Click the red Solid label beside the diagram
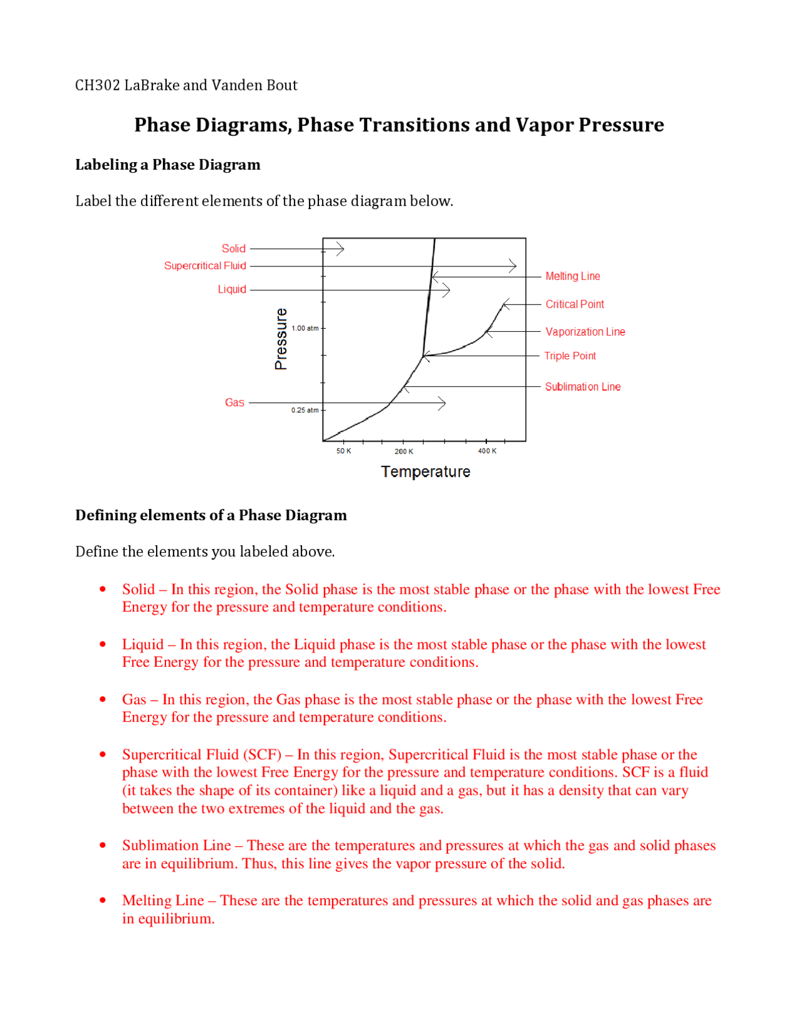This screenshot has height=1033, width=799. click(x=233, y=248)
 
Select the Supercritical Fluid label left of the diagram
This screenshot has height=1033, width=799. click(x=205, y=266)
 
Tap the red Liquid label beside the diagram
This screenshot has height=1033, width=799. click(x=232, y=289)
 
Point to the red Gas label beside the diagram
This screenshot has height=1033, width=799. click(x=234, y=402)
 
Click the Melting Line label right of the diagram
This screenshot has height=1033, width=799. click(x=572, y=276)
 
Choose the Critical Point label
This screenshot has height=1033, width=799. click(x=574, y=304)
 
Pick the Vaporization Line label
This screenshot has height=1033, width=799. click(x=585, y=332)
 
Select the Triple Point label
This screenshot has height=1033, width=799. click(x=570, y=356)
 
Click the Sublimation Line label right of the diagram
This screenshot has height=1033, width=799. click(x=582, y=387)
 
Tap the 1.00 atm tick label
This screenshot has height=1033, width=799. click(x=305, y=328)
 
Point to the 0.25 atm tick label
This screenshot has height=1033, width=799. click(x=305, y=410)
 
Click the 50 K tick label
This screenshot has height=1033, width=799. click(x=343, y=451)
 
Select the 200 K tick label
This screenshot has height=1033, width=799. click(x=403, y=452)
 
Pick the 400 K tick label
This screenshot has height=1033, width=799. click(x=487, y=451)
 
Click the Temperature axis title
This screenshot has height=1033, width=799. click(x=426, y=472)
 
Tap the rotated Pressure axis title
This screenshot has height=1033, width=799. click(x=282, y=339)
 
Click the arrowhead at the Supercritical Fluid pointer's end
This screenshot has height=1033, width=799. click(x=513, y=266)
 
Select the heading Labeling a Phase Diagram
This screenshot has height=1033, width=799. click(x=168, y=165)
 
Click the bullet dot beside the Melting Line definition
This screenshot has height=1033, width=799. click(x=103, y=900)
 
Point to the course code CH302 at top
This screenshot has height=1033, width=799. click(x=97, y=85)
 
